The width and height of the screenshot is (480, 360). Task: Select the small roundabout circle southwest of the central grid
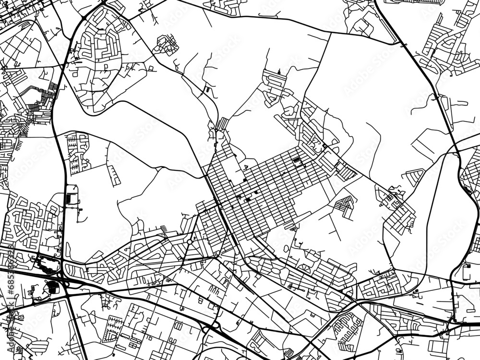coord(189,241)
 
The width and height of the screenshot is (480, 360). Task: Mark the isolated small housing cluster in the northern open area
coord(166,45)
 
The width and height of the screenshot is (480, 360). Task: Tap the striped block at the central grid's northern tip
coord(222,124)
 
